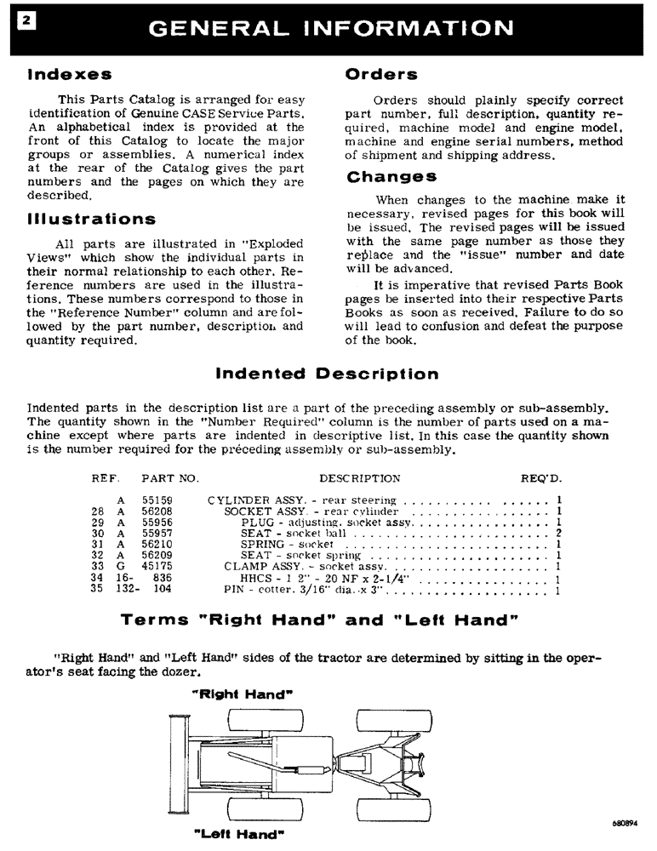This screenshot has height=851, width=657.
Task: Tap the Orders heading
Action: [x=381, y=75]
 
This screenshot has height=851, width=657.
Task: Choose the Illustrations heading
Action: [x=92, y=220]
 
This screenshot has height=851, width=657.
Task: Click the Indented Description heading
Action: [x=328, y=374]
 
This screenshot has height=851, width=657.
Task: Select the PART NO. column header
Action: [x=169, y=478]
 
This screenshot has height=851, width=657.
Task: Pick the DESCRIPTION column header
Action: [x=359, y=478]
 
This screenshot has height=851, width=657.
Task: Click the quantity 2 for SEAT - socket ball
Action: [x=558, y=533]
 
